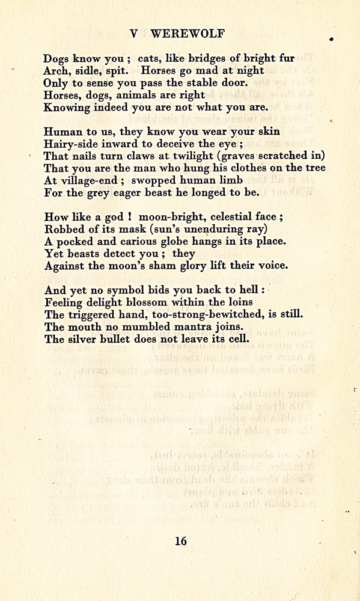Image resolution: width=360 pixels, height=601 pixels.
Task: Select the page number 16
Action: pyautogui.click(x=180, y=541)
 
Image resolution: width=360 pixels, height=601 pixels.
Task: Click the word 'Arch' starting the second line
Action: pyautogui.click(x=56, y=71)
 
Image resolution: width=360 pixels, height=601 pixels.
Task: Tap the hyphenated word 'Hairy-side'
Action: pyautogui.click(x=70, y=144)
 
